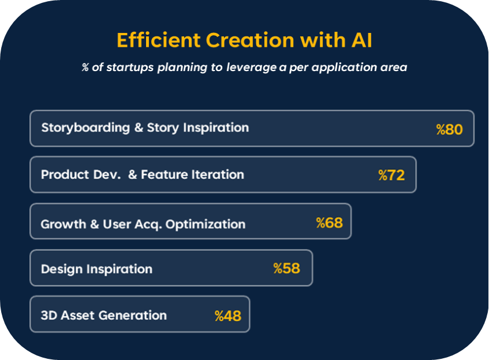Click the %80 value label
click(449, 129)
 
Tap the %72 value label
click(391, 176)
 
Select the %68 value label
click(329, 223)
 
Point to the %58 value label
click(286, 269)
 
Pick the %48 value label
click(228, 316)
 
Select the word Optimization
click(206, 224)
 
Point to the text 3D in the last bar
click(48, 316)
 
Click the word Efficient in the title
click(158, 40)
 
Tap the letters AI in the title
click(362, 40)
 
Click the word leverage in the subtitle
click(251, 68)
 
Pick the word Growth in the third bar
click(64, 224)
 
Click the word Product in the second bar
click(65, 175)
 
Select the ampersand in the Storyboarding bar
click(139, 128)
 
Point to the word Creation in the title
click(250, 40)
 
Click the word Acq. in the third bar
click(148, 225)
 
